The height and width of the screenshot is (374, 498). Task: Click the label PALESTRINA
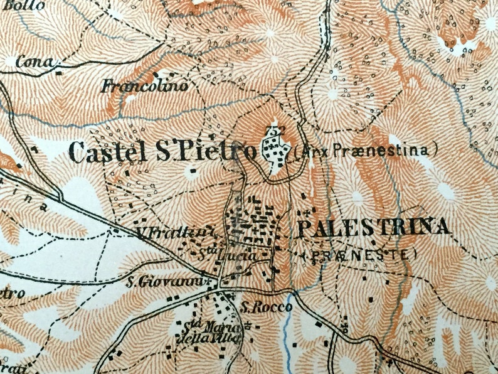tap(374, 228)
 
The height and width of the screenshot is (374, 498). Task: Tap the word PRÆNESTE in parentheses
tap(359, 254)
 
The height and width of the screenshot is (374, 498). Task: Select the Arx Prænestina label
tap(364, 151)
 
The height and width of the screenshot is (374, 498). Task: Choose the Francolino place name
tap(146, 85)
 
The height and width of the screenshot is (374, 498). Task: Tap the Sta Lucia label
tap(219, 255)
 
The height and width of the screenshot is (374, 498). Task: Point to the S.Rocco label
tap(258, 307)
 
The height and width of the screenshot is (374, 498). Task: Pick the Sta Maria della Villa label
tap(203, 333)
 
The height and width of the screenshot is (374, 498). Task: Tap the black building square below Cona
tap(58, 73)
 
